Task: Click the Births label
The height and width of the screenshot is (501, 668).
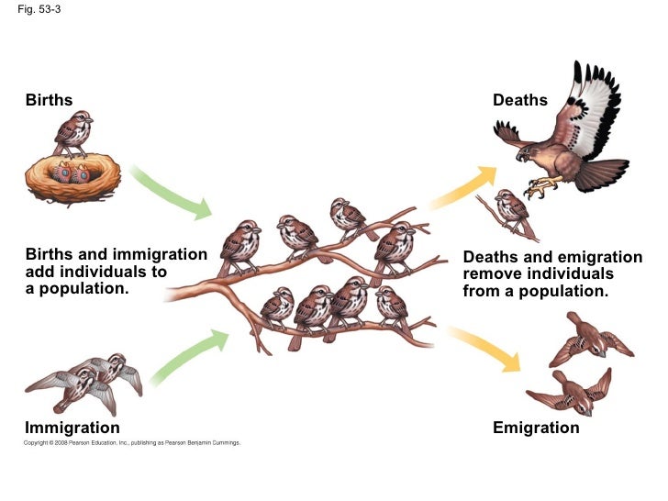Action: [x=49, y=99]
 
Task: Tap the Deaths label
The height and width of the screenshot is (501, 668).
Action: [x=520, y=99]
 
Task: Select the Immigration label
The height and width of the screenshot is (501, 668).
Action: [x=72, y=428]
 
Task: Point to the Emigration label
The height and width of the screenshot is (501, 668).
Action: [x=536, y=428]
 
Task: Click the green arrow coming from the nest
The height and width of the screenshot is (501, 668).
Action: [x=174, y=191]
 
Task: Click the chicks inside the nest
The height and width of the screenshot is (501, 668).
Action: [x=72, y=172]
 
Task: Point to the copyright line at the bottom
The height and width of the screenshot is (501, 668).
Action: [x=133, y=443]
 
